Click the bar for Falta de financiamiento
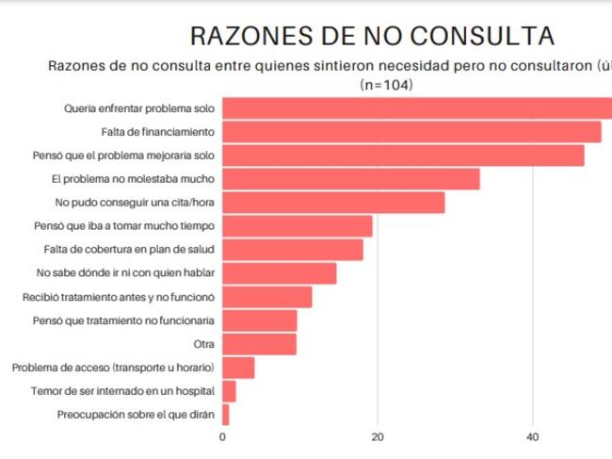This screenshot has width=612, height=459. pos(411,132)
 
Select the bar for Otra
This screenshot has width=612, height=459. pos(259,344)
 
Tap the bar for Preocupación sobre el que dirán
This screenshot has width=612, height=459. pos(226,415)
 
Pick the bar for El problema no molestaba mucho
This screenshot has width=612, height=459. pos(351,179)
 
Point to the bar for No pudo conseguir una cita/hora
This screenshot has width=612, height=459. pos(333,203)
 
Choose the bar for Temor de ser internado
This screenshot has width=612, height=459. pos(229,391)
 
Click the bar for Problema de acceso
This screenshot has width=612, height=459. pos(238,368)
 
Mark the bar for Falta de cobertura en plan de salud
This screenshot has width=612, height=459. pos(293,250)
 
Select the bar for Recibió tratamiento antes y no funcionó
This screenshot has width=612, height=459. pos(267,297)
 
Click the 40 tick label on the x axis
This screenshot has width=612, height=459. pos(532,436)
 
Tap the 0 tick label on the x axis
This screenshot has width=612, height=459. pos(222,436)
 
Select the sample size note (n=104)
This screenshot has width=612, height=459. pos(386,85)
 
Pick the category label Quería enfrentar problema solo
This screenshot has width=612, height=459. pos(139,108)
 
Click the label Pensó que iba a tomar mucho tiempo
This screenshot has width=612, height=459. pos(124,226)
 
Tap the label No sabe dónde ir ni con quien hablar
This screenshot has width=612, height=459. pos(125,272)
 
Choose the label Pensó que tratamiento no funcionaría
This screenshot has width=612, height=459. pos(123,320)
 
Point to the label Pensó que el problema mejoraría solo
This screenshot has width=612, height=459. pos(123,156)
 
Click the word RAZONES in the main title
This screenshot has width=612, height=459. pos(251,36)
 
